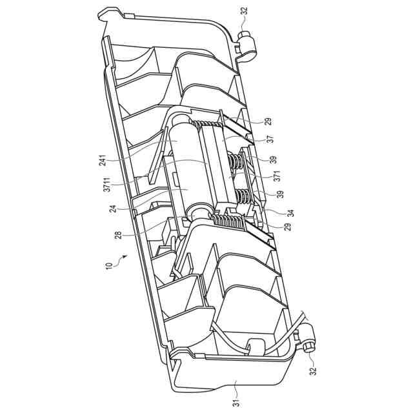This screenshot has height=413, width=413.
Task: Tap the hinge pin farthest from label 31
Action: [247, 43]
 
